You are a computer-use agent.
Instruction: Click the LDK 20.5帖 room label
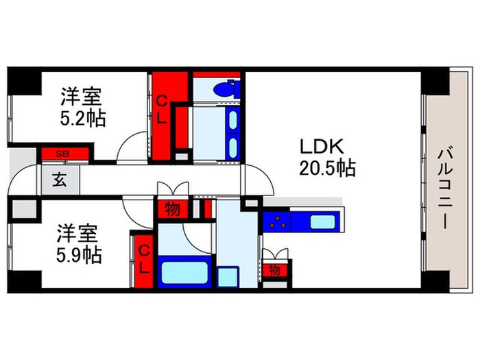tap(326, 158)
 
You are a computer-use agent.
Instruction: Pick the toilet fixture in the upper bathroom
tap(224, 89)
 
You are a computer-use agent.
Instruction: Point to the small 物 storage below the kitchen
tap(275, 270)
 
